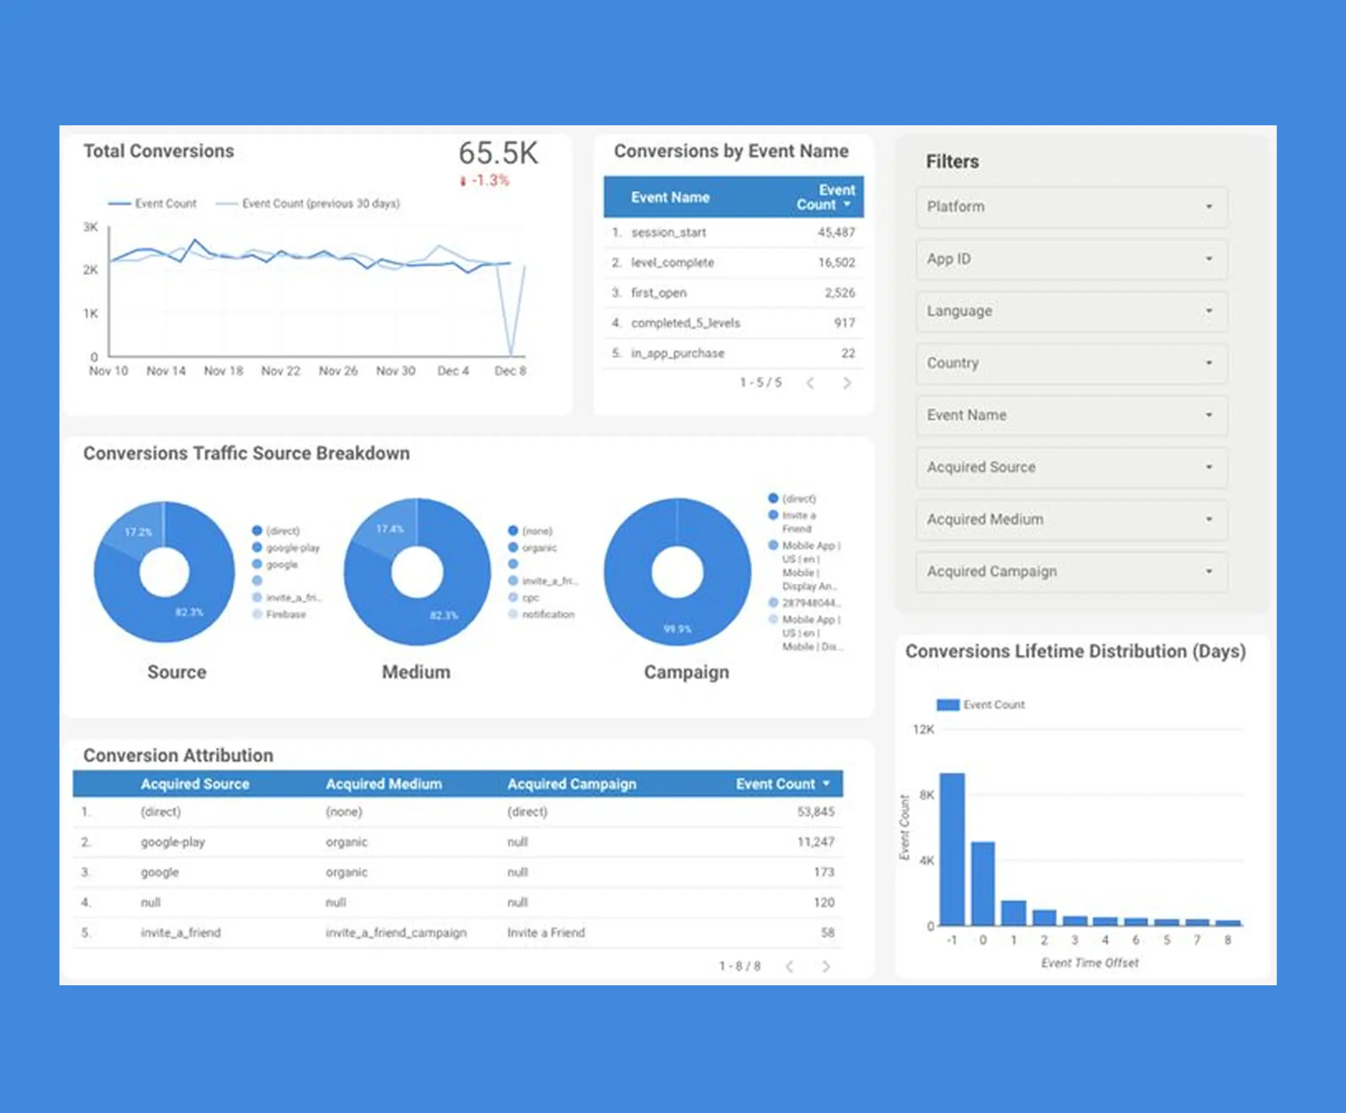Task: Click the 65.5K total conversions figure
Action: point(498,153)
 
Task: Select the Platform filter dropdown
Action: point(1071,206)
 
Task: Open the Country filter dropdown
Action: point(1071,363)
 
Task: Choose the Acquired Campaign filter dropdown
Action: point(1071,571)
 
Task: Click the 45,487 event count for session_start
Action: point(836,233)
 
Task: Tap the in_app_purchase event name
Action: point(677,353)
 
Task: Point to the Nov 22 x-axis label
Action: point(281,371)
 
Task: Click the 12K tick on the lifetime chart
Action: point(923,730)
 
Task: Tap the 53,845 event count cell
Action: point(815,811)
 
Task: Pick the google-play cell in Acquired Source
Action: point(173,842)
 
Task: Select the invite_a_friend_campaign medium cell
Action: point(395,933)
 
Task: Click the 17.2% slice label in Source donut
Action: point(138,532)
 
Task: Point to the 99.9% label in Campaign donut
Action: point(677,629)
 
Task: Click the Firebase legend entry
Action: point(285,614)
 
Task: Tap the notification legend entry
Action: point(547,614)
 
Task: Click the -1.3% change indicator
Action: point(489,181)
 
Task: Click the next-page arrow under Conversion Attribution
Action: point(826,966)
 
